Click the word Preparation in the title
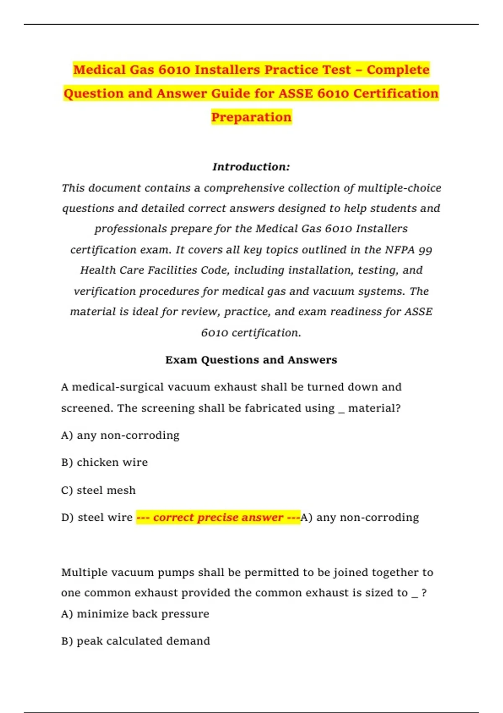[x=251, y=117]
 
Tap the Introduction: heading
[x=251, y=167]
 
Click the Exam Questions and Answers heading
[x=251, y=360]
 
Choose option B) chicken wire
[x=104, y=462]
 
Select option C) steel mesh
[x=99, y=490]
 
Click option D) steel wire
[x=97, y=518]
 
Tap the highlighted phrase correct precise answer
[x=218, y=518]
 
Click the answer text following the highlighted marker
[x=360, y=518]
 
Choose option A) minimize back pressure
[x=135, y=614]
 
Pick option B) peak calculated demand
[x=135, y=641]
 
